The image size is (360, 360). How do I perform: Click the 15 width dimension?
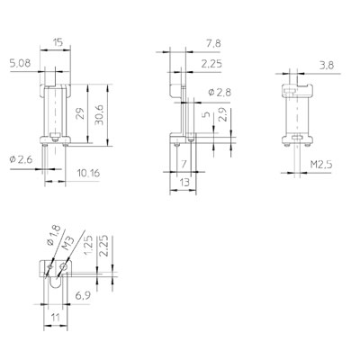(x=58, y=42)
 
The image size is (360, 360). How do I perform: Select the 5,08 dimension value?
(x=20, y=63)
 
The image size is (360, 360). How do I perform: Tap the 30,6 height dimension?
(x=99, y=116)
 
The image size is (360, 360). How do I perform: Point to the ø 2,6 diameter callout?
(x=21, y=160)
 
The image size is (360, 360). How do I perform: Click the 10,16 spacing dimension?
(x=88, y=173)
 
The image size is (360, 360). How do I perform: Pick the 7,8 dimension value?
(x=213, y=44)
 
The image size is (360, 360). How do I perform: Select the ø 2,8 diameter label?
(x=220, y=93)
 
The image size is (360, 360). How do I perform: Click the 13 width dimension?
(x=184, y=182)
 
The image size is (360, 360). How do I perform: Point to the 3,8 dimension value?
(x=327, y=65)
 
